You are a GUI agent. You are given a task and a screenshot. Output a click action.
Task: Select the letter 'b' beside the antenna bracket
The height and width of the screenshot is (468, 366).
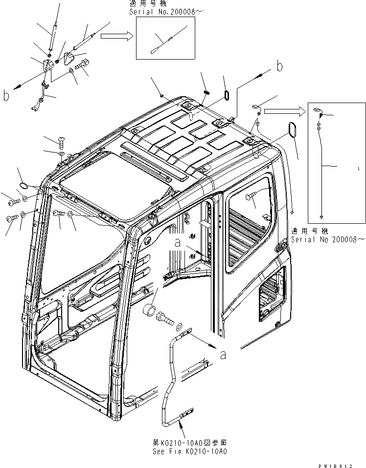pos(6,96)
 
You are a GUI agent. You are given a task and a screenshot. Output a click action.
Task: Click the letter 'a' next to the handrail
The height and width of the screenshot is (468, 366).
pos(223,355)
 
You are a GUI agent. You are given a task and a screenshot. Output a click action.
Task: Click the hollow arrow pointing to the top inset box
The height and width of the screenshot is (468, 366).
pos(119,35)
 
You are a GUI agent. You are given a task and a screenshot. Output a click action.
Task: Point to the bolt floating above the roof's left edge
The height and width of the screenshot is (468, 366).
pos(61,142)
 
